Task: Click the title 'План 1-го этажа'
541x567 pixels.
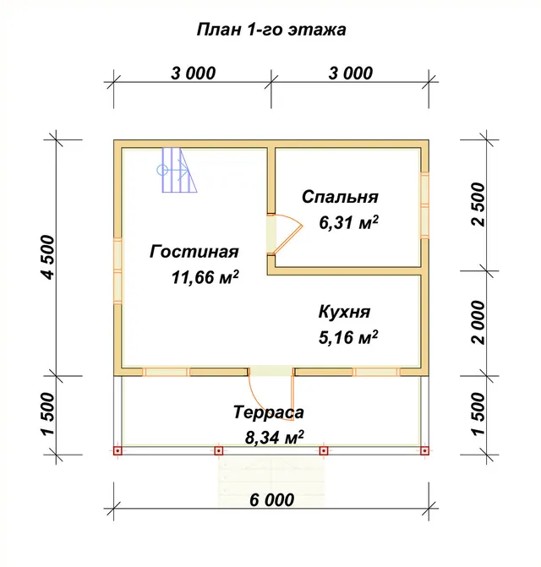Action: pos(271,30)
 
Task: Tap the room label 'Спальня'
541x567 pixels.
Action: pos(340,197)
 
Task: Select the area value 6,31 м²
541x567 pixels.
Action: pos(348,222)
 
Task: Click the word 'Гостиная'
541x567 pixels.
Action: pos(194,252)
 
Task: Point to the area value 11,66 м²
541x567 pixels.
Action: pos(205,277)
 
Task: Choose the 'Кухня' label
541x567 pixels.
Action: pos(344,312)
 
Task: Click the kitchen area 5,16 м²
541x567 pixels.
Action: pos(348,337)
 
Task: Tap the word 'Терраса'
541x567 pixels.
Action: pos(269,412)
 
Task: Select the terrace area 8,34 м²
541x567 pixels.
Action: pos(275,438)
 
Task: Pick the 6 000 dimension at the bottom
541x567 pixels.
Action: pos(271,499)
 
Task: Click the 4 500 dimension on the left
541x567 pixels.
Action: pos(48,257)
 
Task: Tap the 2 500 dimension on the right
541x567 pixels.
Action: pos(478,204)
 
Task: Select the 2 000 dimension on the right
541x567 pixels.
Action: pos(478,323)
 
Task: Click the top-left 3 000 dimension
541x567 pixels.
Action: pos(193,73)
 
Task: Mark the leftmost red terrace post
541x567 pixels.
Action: pos(117,450)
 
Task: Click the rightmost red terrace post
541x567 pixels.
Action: pos(425,450)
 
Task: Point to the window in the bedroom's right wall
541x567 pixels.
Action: pos(425,205)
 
